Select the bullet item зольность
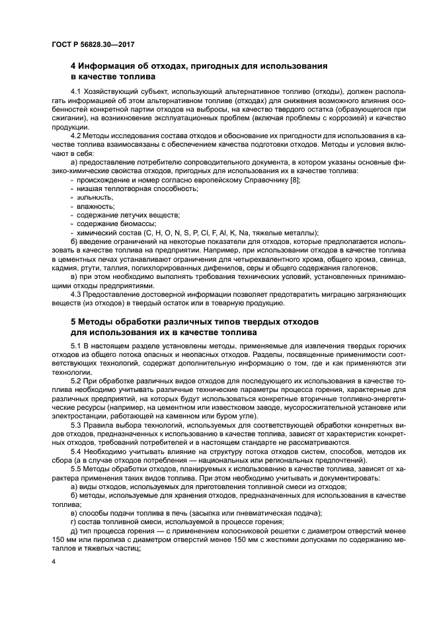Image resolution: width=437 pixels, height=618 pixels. click(95, 198)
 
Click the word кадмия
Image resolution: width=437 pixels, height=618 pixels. click(64, 268)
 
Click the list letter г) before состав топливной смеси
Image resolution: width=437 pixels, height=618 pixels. click(73, 520)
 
